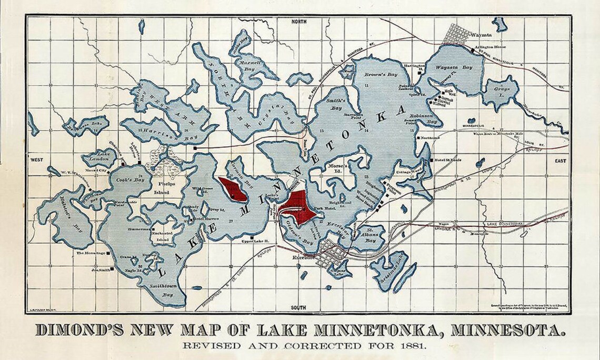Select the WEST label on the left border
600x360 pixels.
tap(37, 159)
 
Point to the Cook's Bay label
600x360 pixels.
tap(127, 179)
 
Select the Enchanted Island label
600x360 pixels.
tap(162, 236)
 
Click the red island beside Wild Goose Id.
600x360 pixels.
tap(234, 189)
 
